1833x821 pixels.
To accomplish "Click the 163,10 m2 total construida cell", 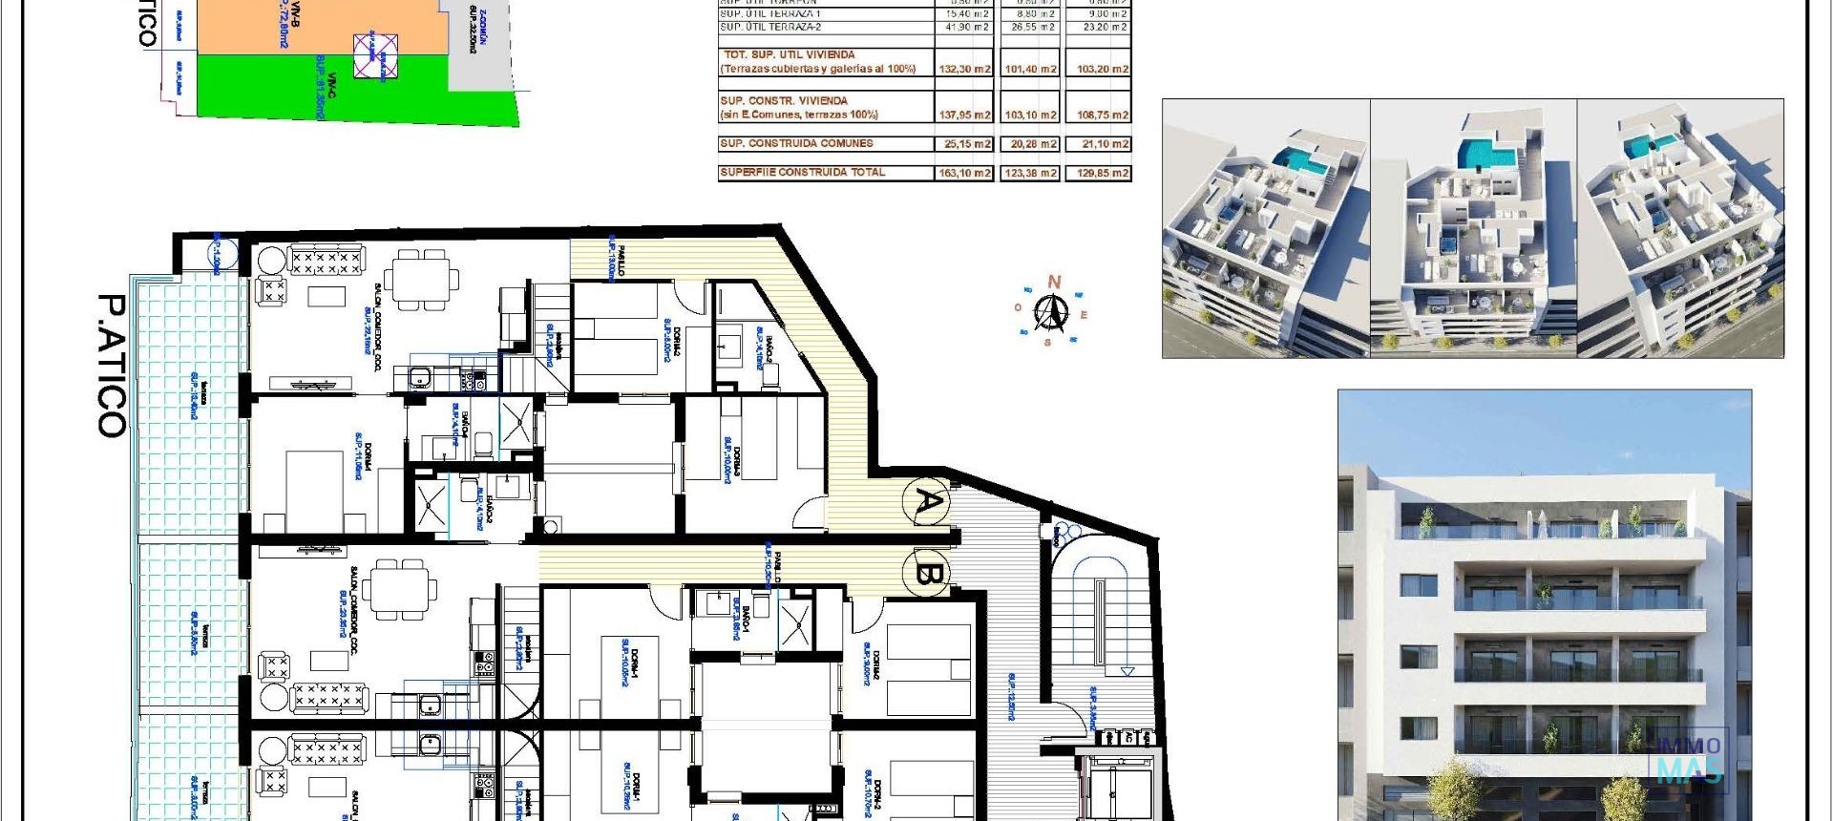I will click(965, 173).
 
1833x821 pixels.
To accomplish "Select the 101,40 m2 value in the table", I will click(1030, 69).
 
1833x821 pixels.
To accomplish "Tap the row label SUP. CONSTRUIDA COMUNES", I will click(796, 143).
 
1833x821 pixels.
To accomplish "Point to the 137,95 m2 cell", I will click(965, 115).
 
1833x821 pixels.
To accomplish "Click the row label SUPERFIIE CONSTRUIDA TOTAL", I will click(802, 173).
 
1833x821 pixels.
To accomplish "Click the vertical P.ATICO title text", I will click(113, 365).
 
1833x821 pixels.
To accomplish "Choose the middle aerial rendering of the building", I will click(1473, 229).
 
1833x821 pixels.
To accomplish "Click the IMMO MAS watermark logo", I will click(1688, 759).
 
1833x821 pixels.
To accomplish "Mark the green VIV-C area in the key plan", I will click(325, 91).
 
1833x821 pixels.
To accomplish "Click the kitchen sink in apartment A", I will click(421, 379).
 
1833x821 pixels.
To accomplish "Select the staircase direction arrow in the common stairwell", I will click(1127, 671).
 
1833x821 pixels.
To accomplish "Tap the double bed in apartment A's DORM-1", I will click(315, 487).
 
